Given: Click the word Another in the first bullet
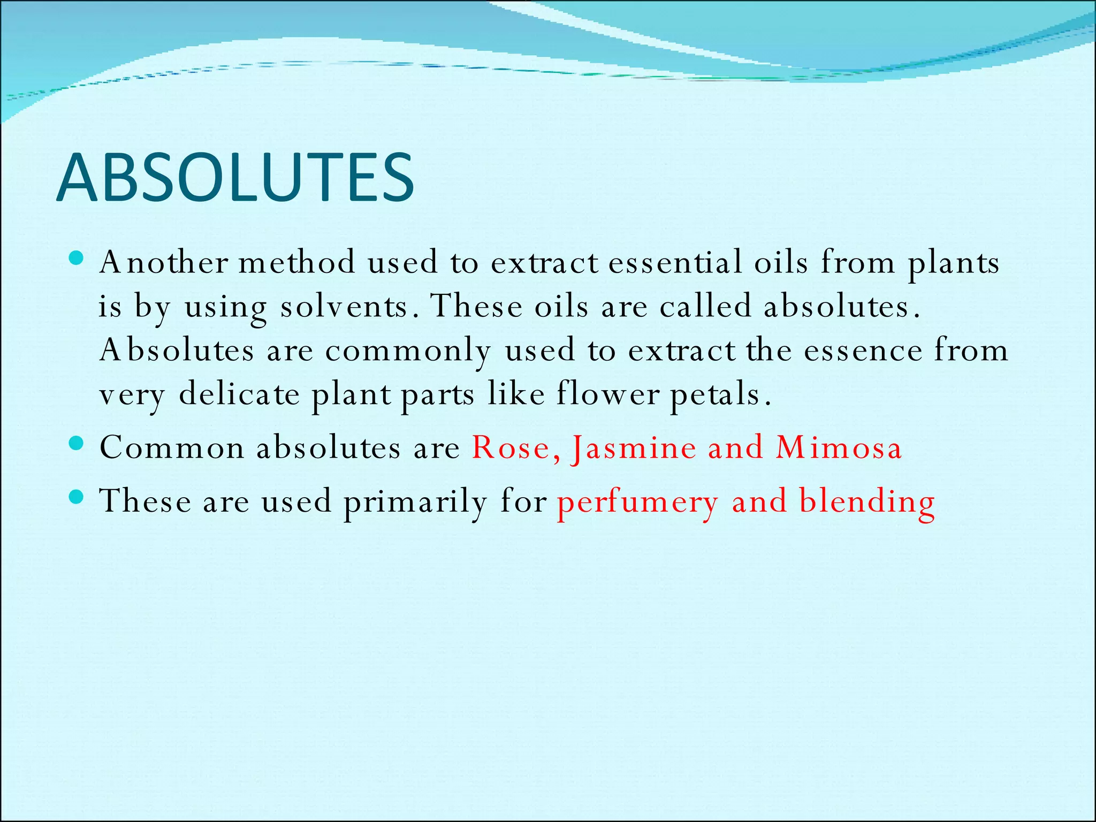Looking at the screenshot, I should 164,263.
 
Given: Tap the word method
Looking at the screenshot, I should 297,263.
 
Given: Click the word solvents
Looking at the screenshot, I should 343,307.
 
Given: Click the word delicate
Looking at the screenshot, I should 239,394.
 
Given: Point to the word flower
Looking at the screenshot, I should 608,394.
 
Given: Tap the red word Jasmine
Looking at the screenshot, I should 634,448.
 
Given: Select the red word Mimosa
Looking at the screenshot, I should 839,447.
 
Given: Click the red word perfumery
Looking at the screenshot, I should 637,503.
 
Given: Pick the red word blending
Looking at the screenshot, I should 867,503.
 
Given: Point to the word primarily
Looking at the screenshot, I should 415,503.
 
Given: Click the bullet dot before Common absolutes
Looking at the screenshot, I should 77,444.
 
